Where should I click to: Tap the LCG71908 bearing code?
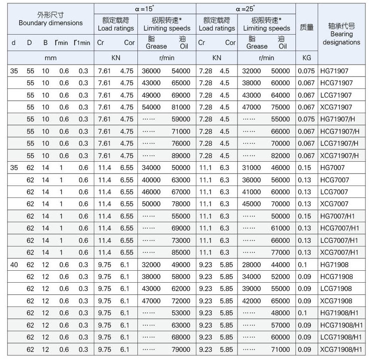[x=336, y=288]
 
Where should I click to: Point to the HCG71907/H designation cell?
[x=340, y=132]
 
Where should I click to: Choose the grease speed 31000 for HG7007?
[x=251, y=167]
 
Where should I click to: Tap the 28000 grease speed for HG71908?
[x=251, y=265]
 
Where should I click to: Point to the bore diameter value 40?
[x=14, y=265]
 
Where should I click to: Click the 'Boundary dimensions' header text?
[x=51, y=23]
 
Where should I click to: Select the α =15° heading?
[x=144, y=8]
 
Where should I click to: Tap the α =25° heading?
[x=245, y=8]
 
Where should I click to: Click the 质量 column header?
[x=307, y=27]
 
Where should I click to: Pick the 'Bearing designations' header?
[x=341, y=38]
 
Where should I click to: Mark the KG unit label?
[x=307, y=58]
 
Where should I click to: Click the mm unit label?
[x=51, y=58]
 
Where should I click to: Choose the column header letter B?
[x=45, y=43]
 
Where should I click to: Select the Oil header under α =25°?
[x=282, y=46]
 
